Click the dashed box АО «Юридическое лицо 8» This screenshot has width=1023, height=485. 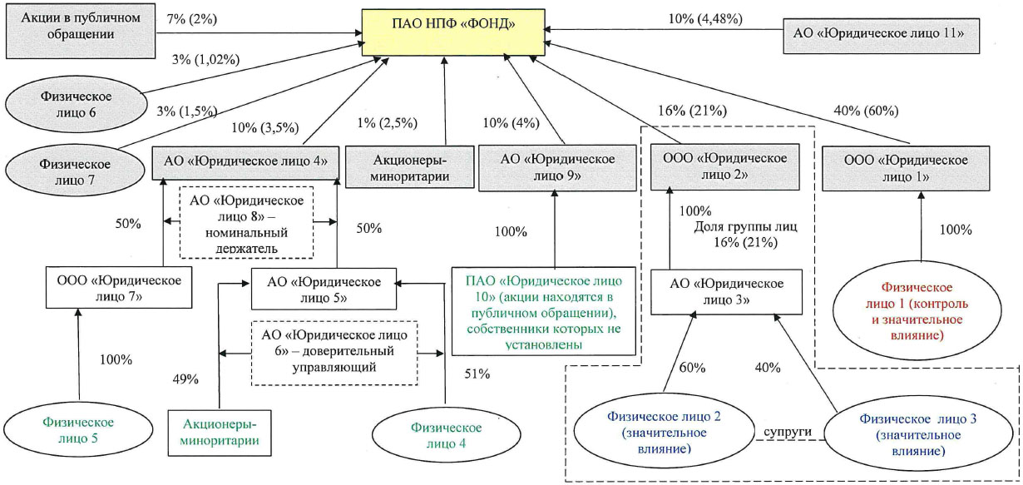(x=247, y=221)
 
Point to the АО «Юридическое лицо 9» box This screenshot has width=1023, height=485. (x=553, y=168)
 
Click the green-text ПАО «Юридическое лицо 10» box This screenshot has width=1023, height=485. (x=543, y=309)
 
